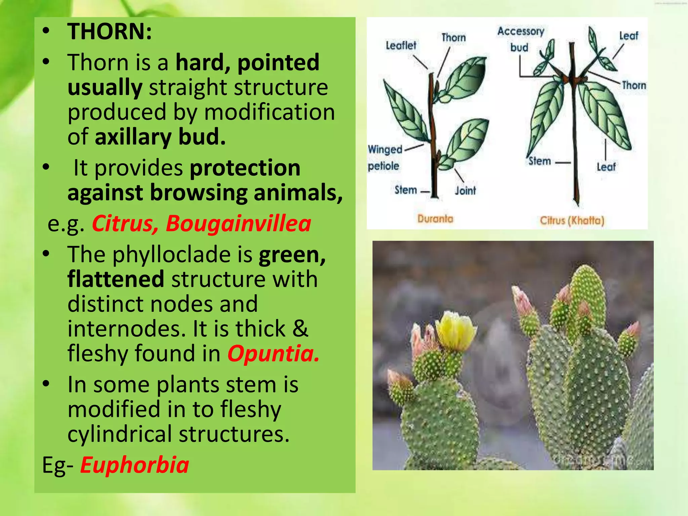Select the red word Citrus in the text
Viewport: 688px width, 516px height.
click(x=123, y=223)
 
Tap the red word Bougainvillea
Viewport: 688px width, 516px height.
click(x=239, y=223)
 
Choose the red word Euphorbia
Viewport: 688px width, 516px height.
click(x=134, y=465)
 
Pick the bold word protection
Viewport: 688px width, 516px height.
click(x=245, y=168)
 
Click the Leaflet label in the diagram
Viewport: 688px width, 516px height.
click(x=401, y=45)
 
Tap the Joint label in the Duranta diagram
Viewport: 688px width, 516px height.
click(x=465, y=190)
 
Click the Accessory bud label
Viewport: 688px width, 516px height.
click(x=520, y=39)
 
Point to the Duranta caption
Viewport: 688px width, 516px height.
click(x=435, y=219)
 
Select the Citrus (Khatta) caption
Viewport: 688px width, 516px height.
click(x=572, y=221)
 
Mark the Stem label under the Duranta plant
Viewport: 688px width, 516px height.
click(x=405, y=190)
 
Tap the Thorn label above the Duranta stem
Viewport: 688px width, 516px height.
click(x=454, y=37)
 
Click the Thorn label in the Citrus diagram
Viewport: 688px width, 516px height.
click(x=634, y=85)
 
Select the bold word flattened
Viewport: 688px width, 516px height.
click(x=116, y=279)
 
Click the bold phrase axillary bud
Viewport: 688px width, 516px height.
click(x=160, y=137)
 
